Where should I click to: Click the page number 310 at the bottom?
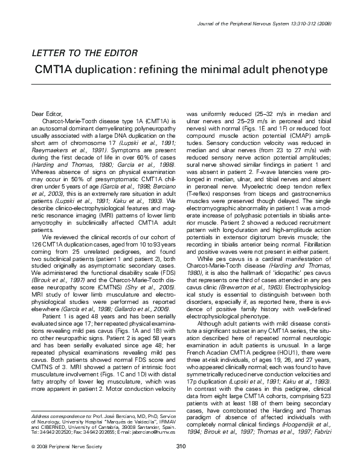(x=179, y=463)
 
